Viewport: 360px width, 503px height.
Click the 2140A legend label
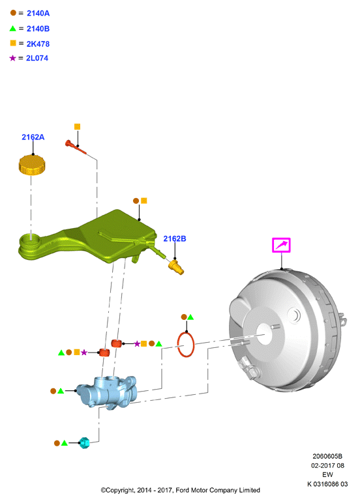coord(38,13)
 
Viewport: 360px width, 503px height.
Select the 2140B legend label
coord(38,29)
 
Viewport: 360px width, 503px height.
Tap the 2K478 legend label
coord(38,44)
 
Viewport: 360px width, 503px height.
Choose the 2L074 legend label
coord(37,58)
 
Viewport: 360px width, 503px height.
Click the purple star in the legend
coord(12,58)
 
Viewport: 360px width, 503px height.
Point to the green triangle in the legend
coord(13,28)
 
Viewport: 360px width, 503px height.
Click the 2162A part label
coord(33,137)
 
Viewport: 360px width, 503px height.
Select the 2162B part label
coord(175,238)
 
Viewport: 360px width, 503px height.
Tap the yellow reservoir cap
coord(32,165)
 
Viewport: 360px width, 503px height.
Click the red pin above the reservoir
coord(76,147)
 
